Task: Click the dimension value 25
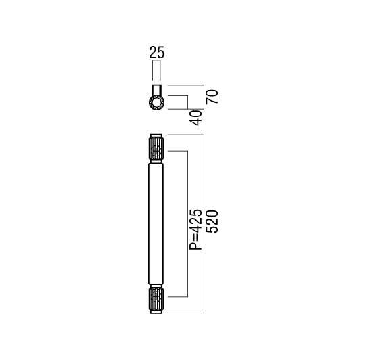(x=157, y=52)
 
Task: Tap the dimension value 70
(x=212, y=97)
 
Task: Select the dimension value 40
(x=195, y=118)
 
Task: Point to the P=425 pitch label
(x=195, y=229)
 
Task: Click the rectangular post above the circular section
(x=156, y=90)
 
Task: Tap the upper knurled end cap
(x=156, y=149)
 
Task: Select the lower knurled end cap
(x=156, y=299)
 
